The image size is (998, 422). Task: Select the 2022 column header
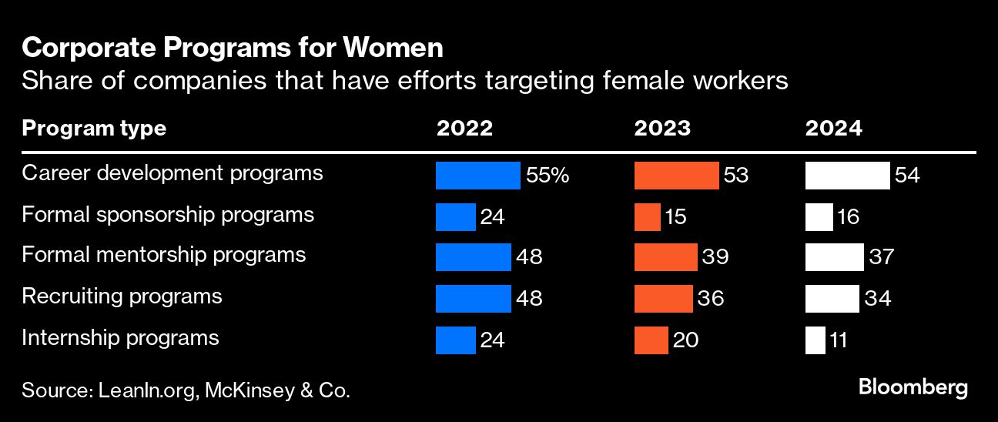[x=464, y=129]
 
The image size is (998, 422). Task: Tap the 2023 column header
[x=662, y=129]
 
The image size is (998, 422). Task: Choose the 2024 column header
[x=834, y=129]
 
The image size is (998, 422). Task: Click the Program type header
[x=94, y=129]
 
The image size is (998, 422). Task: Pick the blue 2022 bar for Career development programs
[x=477, y=176]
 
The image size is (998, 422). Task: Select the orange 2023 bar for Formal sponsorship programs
[x=647, y=217]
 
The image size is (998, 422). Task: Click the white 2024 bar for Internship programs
[x=815, y=340]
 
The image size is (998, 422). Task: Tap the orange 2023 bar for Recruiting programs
[x=663, y=299]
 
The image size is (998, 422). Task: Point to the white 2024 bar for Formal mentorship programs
[x=834, y=257]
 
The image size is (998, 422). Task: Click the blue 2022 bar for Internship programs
[x=455, y=340]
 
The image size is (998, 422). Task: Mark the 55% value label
[x=548, y=176]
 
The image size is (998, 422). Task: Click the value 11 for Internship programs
[x=839, y=340]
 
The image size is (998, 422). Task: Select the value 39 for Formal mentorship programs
[x=715, y=257]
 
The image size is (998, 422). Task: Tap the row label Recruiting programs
[x=122, y=296]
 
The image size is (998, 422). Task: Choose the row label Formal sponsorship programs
[x=168, y=214]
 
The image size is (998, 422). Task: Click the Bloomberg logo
[x=913, y=387]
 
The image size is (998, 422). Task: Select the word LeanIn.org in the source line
[x=149, y=390]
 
